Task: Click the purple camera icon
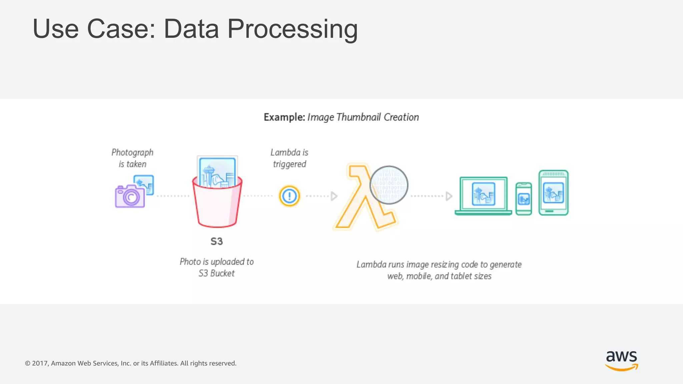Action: pyautogui.click(x=130, y=197)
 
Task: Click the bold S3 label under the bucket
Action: pyautogui.click(x=216, y=241)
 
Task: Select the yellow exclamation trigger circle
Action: pyautogui.click(x=289, y=196)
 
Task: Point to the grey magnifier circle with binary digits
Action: pyautogui.click(x=389, y=185)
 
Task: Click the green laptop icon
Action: pyautogui.click(x=483, y=196)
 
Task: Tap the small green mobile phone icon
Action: pyautogui.click(x=524, y=199)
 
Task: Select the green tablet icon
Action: pyautogui.click(x=554, y=193)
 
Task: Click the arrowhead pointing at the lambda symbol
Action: pyautogui.click(x=334, y=196)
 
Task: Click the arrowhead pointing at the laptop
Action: pyautogui.click(x=449, y=196)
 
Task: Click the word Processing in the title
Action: pyautogui.click(x=292, y=29)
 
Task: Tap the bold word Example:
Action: pyautogui.click(x=284, y=117)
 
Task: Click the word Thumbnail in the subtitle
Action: pyautogui.click(x=359, y=117)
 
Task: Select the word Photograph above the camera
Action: pyautogui.click(x=132, y=153)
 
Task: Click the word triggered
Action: pyautogui.click(x=289, y=164)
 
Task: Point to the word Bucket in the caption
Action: pyautogui.click(x=222, y=273)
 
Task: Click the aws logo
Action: pyautogui.click(x=621, y=360)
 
